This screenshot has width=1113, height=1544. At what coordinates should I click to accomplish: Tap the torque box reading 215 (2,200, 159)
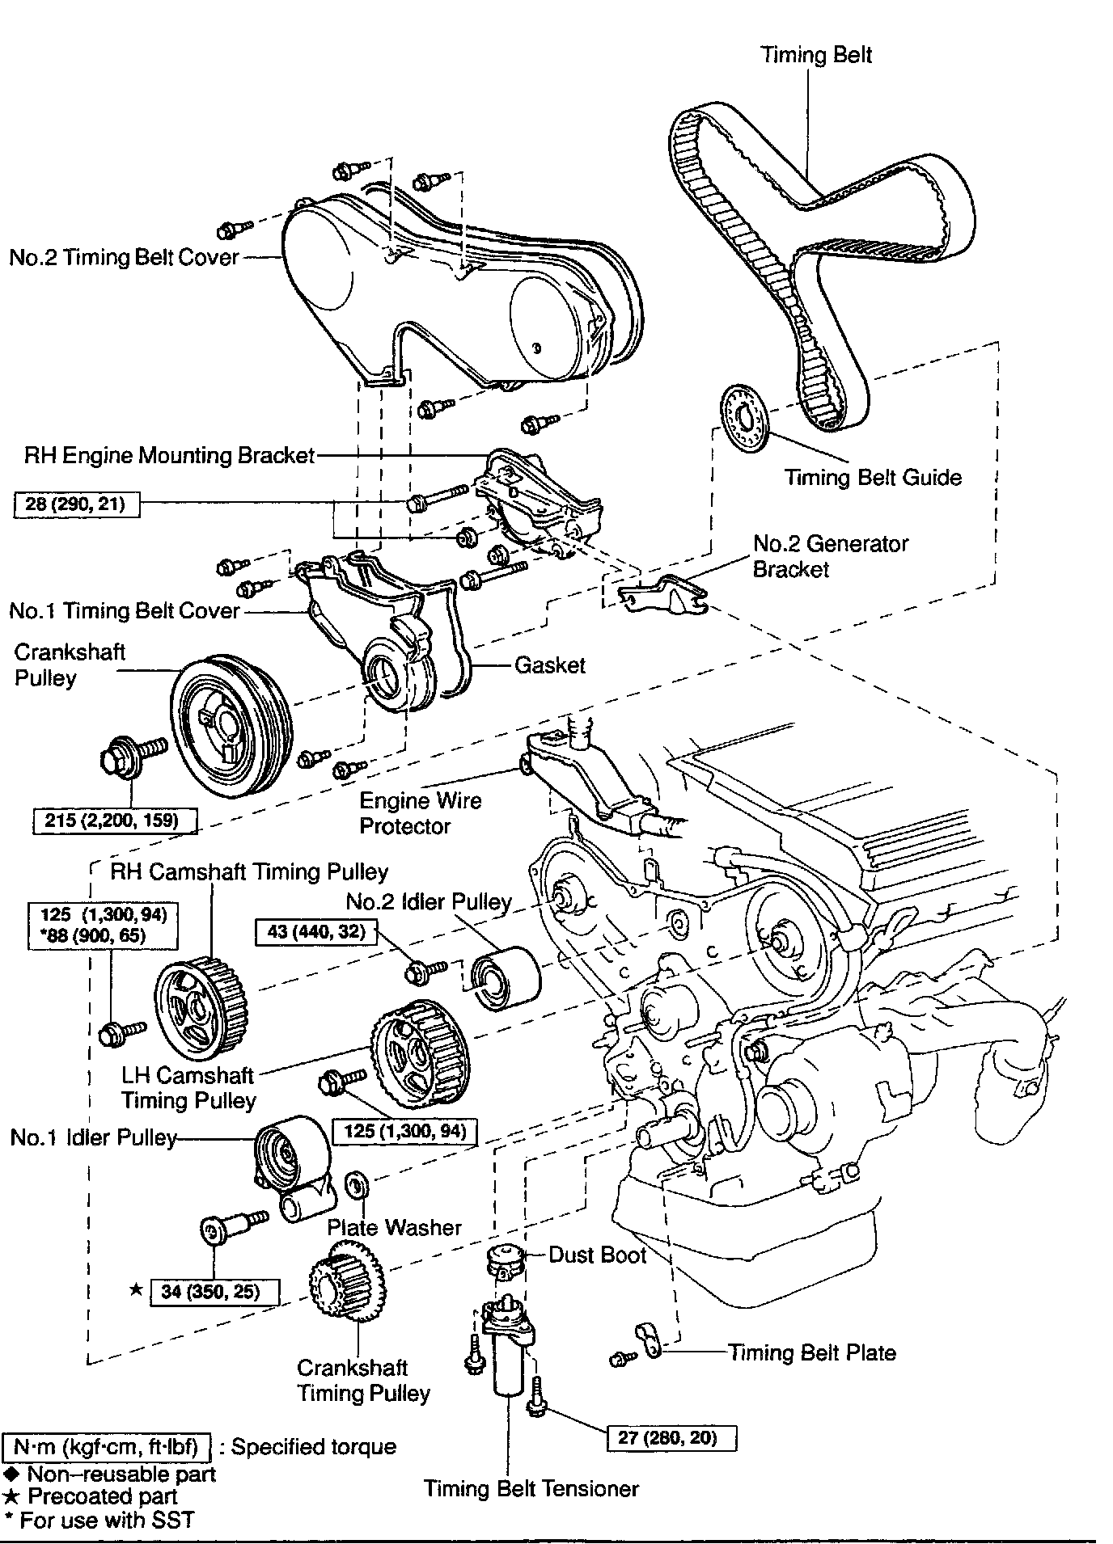(116, 821)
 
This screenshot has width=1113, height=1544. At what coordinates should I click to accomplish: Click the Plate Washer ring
(357, 1183)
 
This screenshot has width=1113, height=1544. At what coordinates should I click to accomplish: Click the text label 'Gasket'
(550, 665)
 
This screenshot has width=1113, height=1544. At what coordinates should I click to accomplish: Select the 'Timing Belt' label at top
(817, 55)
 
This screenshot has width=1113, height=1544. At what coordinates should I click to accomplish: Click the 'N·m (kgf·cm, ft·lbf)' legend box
(107, 1446)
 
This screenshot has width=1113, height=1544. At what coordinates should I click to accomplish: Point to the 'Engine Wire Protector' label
(421, 813)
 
